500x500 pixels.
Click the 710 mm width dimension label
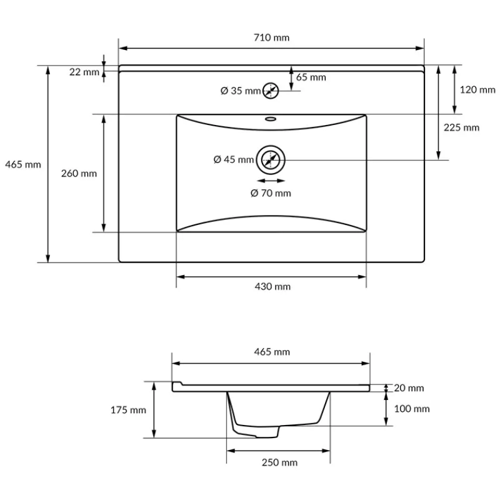click(x=272, y=37)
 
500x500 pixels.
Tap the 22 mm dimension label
click(x=84, y=72)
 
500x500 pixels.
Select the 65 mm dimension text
click(x=311, y=77)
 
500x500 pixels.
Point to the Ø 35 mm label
click(x=241, y=91)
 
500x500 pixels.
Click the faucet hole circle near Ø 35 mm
click(x=271, y=91)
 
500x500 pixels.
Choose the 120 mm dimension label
click(x=477, y=89)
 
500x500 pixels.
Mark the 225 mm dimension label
click(x=461, y=127)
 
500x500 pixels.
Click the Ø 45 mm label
click(x=234, y=160)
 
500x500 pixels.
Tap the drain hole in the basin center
click(x=271, y=160)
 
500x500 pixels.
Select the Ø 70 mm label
click(x=271, y=193)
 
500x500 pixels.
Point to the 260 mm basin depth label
click(x=79, y=173)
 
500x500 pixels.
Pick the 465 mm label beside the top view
click(x=23, y=164)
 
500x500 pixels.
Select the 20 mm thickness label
click(x=409, y=388)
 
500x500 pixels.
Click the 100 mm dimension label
click(x=411, y=409)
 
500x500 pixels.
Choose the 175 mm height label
click(x=128, y=410)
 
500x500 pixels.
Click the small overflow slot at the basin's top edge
click(x=271, y=118)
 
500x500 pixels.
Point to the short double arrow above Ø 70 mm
click(x=271, y=179)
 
